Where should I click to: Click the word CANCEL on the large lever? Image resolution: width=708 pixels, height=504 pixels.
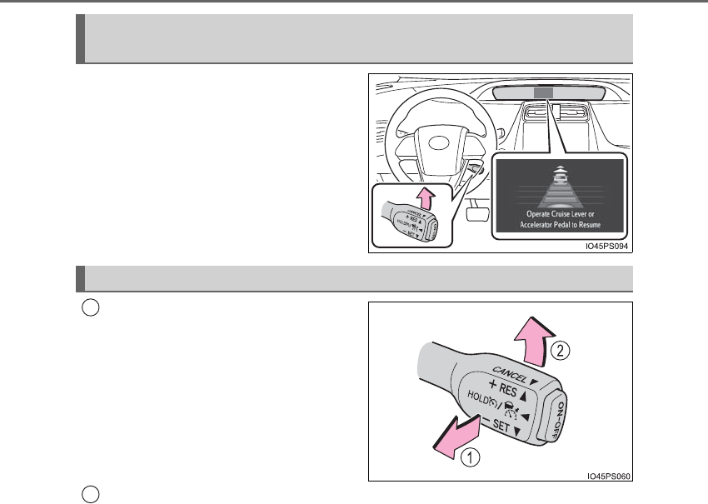click(511, 372)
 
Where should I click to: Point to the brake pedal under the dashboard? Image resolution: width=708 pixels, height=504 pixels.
click(476, 215)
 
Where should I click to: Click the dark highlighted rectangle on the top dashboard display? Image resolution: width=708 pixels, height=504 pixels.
click(543, 93)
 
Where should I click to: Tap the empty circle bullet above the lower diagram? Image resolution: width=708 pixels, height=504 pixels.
click(92, 307)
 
